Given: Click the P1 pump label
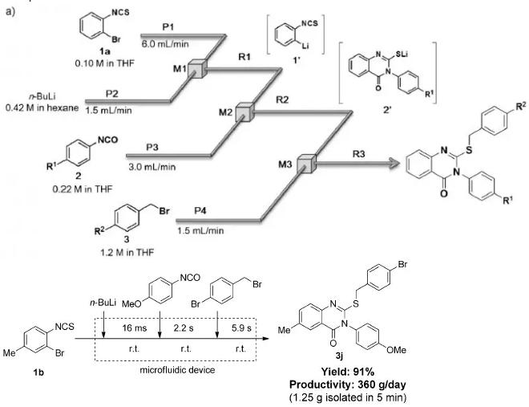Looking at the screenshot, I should point(167,26).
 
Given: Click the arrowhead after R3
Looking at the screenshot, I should point(392,165).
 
